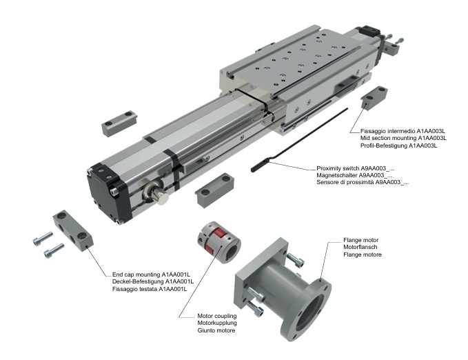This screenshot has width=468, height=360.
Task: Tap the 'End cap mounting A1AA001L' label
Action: coord(152,274)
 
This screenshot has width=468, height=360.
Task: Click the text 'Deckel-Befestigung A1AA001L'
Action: coord(153,281)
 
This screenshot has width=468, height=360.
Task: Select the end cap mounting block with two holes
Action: coord(72,230)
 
